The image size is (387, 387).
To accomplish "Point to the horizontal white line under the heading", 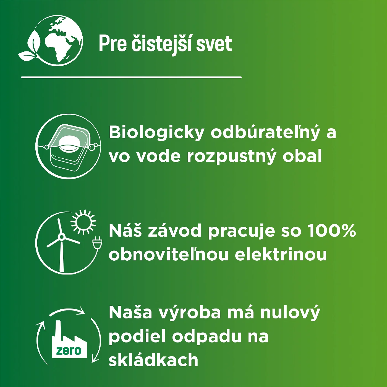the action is (x=131, y=77).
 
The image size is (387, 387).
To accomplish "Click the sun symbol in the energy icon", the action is (x=83, y=222).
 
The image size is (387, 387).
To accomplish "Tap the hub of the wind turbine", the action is (x=61, y=237).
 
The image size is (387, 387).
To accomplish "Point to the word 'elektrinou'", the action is (x=281, y=254).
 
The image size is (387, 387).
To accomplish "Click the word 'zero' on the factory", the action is (x=69, y=351).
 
